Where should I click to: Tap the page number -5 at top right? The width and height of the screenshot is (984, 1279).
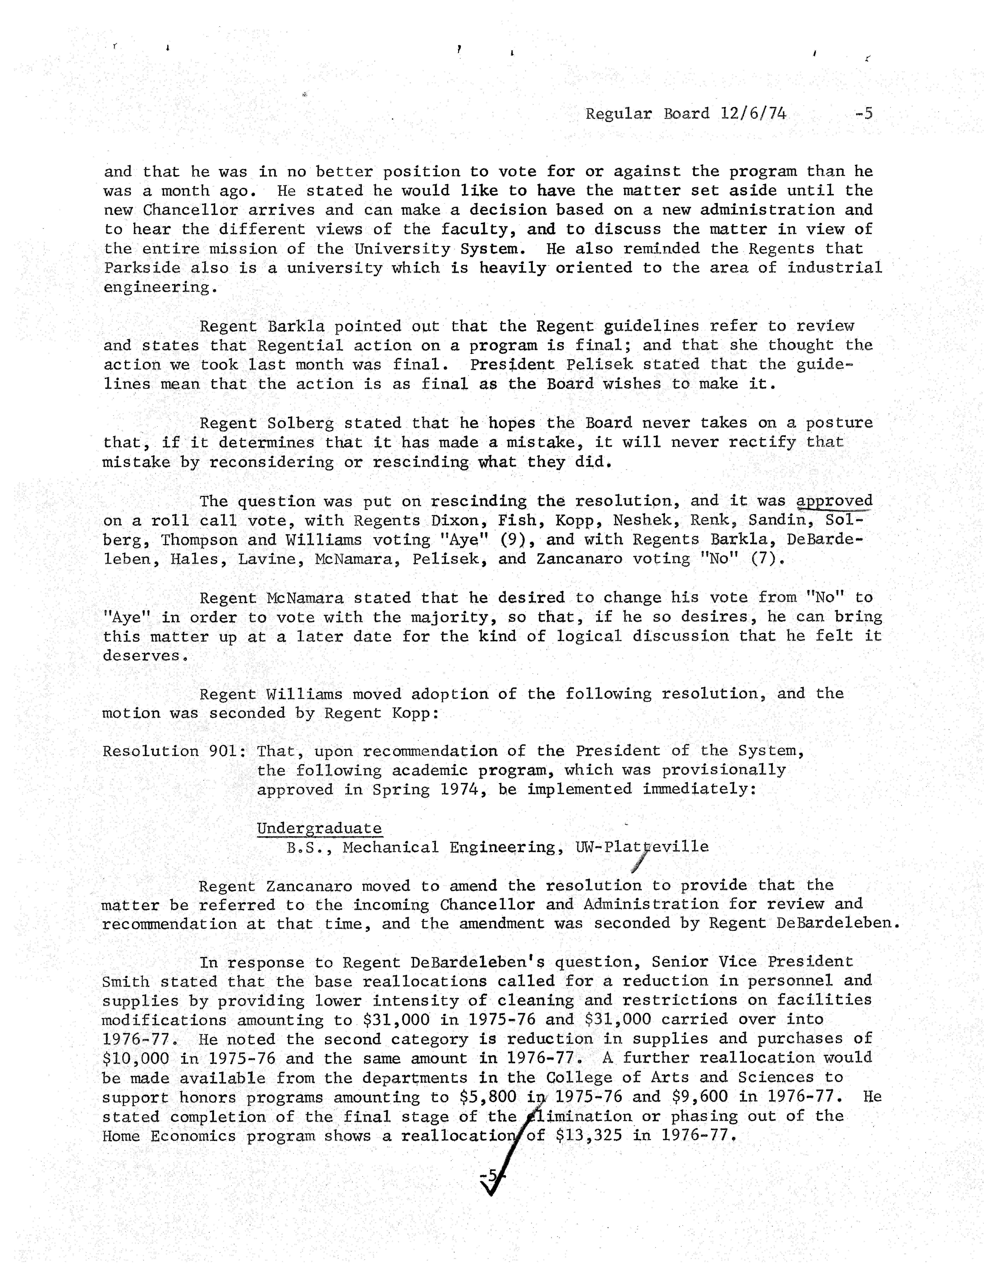point(863,113)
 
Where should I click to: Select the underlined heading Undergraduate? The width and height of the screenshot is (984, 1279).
point(319,828)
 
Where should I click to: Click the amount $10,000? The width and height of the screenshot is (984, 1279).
point(135,1058)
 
